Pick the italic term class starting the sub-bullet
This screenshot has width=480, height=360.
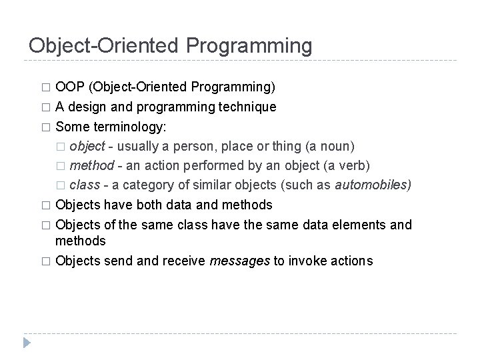point(84,185)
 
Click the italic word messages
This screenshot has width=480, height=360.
point(239,261)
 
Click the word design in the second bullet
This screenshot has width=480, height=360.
point(86,107)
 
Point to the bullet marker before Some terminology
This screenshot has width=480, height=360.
point(45,127)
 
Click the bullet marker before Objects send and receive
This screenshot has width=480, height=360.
point(45,261)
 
